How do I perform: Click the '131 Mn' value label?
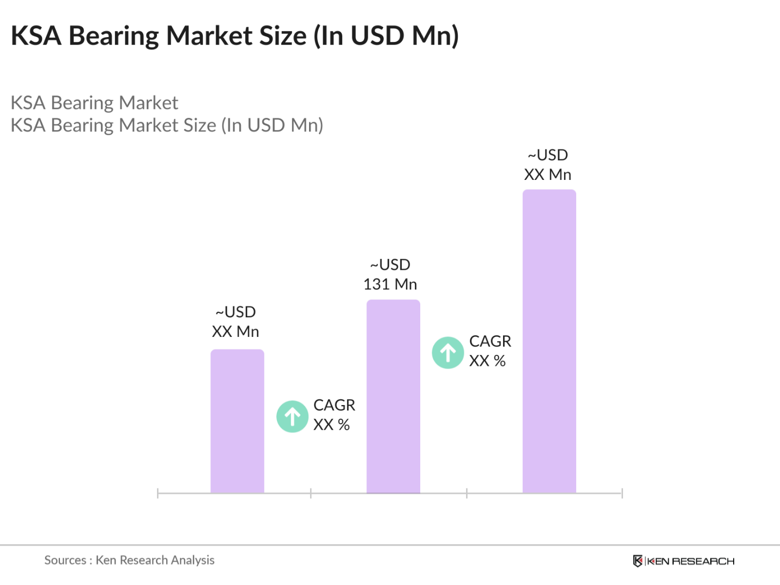390,284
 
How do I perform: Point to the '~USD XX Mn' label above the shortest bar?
235,322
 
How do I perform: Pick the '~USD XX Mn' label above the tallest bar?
548,165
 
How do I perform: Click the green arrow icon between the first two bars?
293,417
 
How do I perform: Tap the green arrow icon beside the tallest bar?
448,353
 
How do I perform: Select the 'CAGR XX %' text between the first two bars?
334,415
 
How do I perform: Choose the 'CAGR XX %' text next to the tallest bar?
489,351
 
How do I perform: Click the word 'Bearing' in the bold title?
114,36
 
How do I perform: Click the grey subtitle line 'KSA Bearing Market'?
94,102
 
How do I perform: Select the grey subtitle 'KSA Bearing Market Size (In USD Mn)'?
167,125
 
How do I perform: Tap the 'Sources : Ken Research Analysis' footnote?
129,560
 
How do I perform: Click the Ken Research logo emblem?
637,561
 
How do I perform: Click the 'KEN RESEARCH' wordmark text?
691,561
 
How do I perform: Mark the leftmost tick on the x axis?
158,493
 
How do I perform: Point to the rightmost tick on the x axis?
622,493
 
